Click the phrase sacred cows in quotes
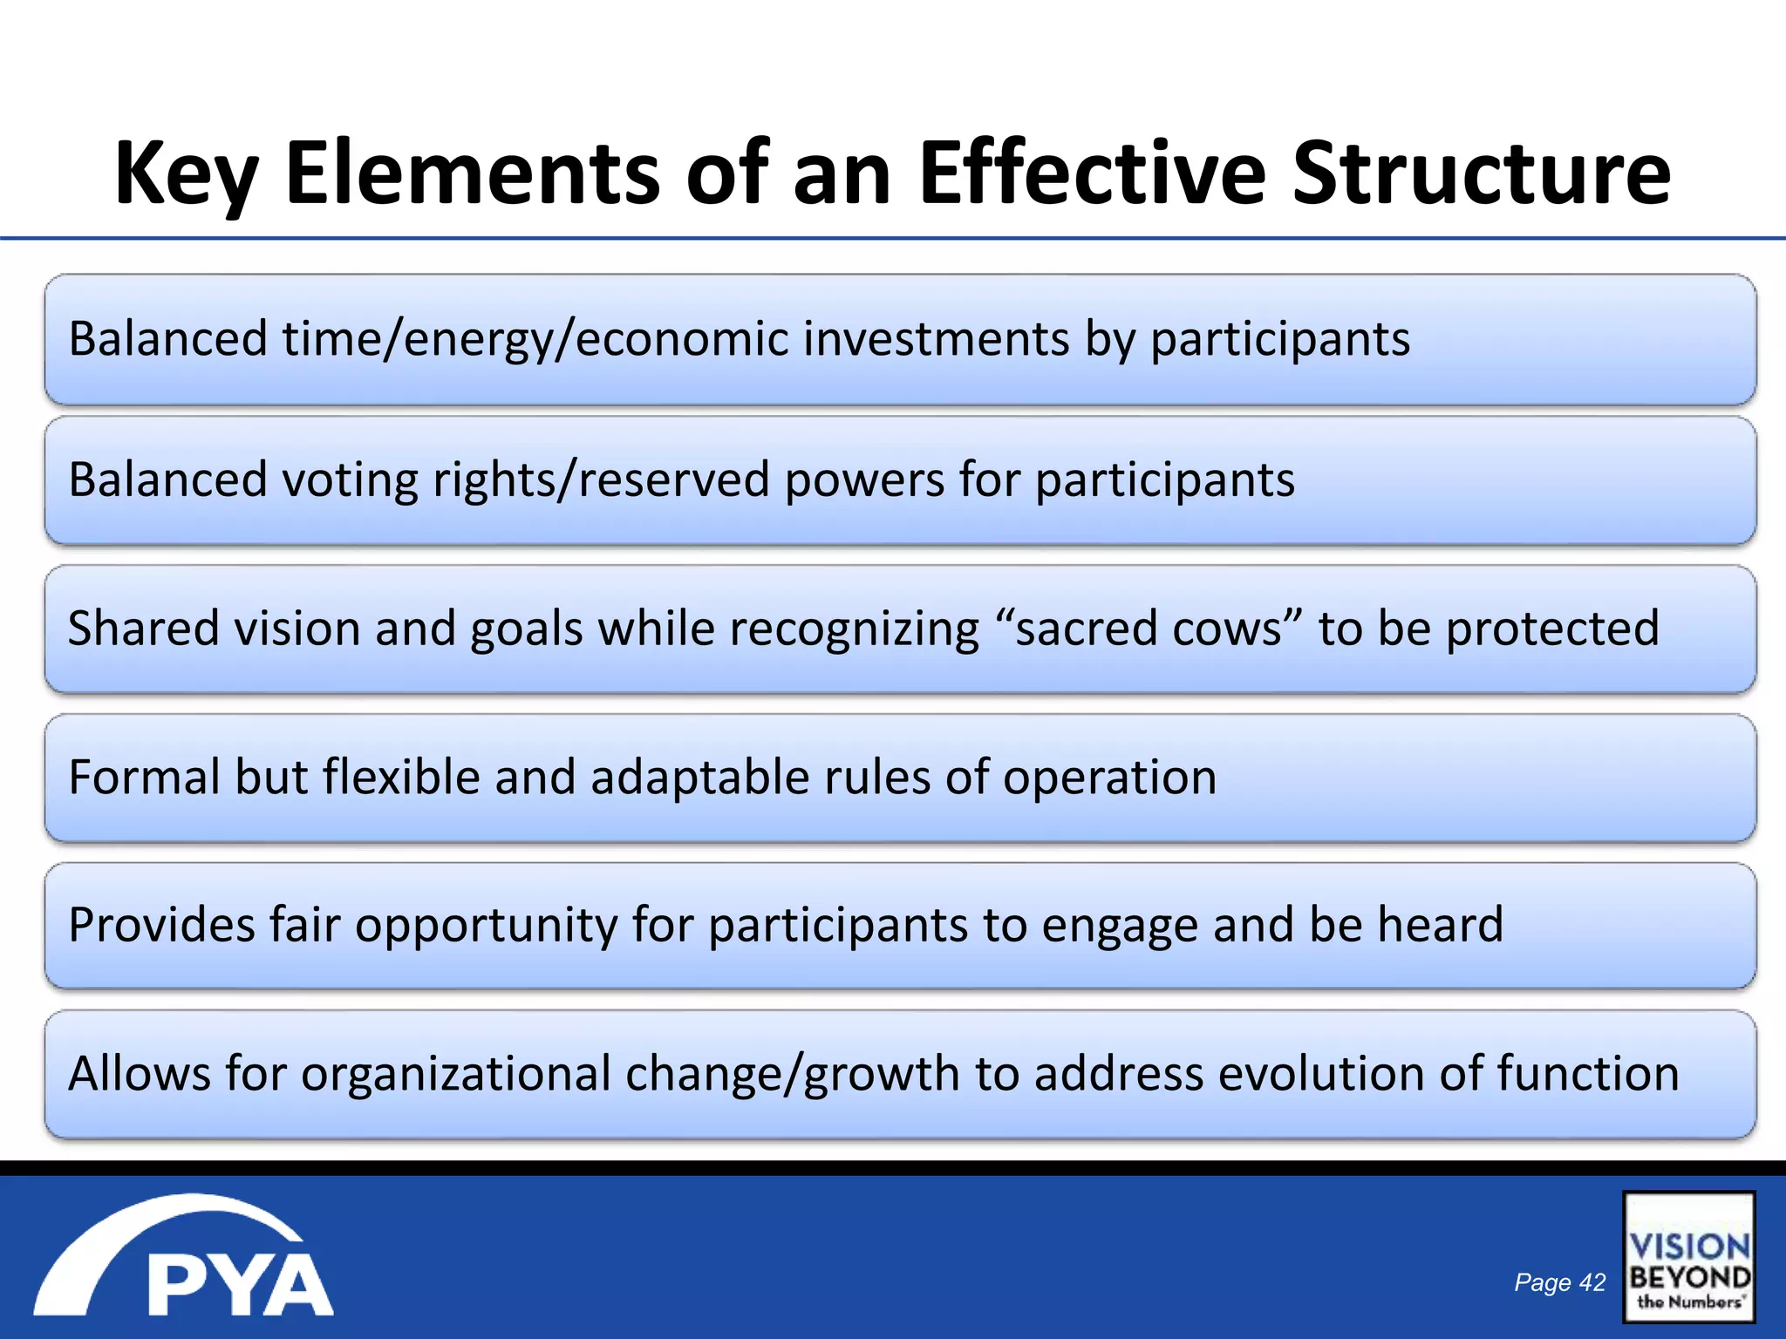[1149, 629]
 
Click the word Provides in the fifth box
[161, 925]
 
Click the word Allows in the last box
[140, 1073]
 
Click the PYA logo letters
[240, 1285]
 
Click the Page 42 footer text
[1559, 1282]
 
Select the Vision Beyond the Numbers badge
[1688, 1257]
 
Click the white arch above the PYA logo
[166, 1220]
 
